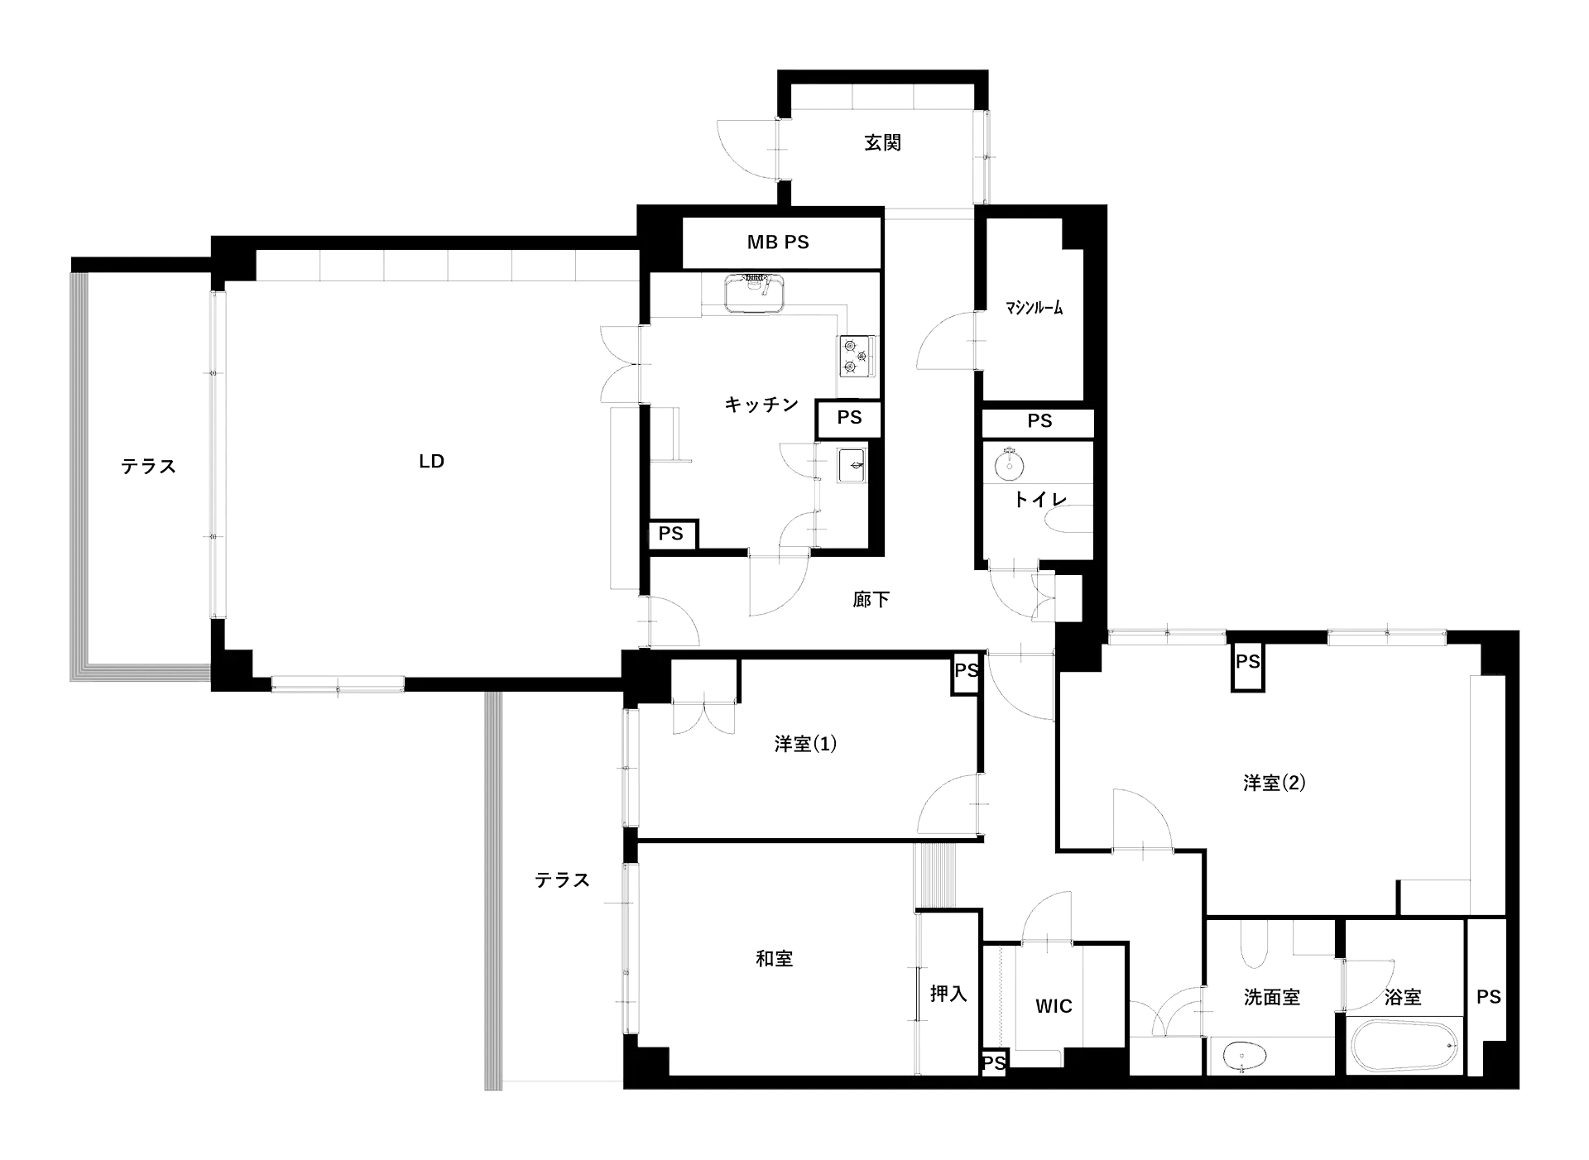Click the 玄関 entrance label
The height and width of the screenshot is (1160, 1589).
(x=881, y=142)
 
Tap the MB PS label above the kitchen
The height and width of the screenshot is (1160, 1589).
(x=778, y=242)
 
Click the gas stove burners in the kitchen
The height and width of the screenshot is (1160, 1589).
(x=856, y=357)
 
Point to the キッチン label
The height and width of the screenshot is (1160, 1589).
(x=761, y=405)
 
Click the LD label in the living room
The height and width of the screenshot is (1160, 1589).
(x=430, y=461)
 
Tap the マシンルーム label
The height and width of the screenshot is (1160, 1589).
(x=1035, y=309)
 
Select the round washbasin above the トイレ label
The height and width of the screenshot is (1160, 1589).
(x=1010, y=465)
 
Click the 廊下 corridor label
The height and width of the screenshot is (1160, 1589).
(x=871, y=600)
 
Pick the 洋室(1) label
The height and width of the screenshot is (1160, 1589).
(x=805, y=744)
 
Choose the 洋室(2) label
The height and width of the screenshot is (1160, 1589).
(x=1274, y=783)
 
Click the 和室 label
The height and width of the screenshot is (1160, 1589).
(x=774, y=958)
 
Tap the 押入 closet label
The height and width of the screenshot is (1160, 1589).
(x=948, y=993)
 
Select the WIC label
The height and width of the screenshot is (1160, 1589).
(x=1053, y=1006)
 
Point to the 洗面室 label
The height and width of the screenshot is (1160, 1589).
(x=1271, y=997)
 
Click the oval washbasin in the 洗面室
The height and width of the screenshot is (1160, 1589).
(x=1244, y=1057)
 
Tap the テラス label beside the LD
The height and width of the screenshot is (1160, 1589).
(x=149, y=467)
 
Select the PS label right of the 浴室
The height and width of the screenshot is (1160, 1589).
(x=1488, y=997)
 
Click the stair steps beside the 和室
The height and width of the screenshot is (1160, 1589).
(x=934, y=877)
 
